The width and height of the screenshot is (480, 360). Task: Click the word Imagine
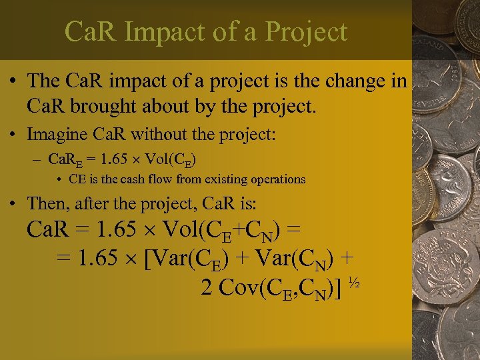coord(54,134)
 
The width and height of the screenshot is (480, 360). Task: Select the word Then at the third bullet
coord(44,202)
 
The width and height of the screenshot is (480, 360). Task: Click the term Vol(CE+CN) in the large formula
coord(220,231)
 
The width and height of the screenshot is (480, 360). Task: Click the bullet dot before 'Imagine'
coord(15,135)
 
